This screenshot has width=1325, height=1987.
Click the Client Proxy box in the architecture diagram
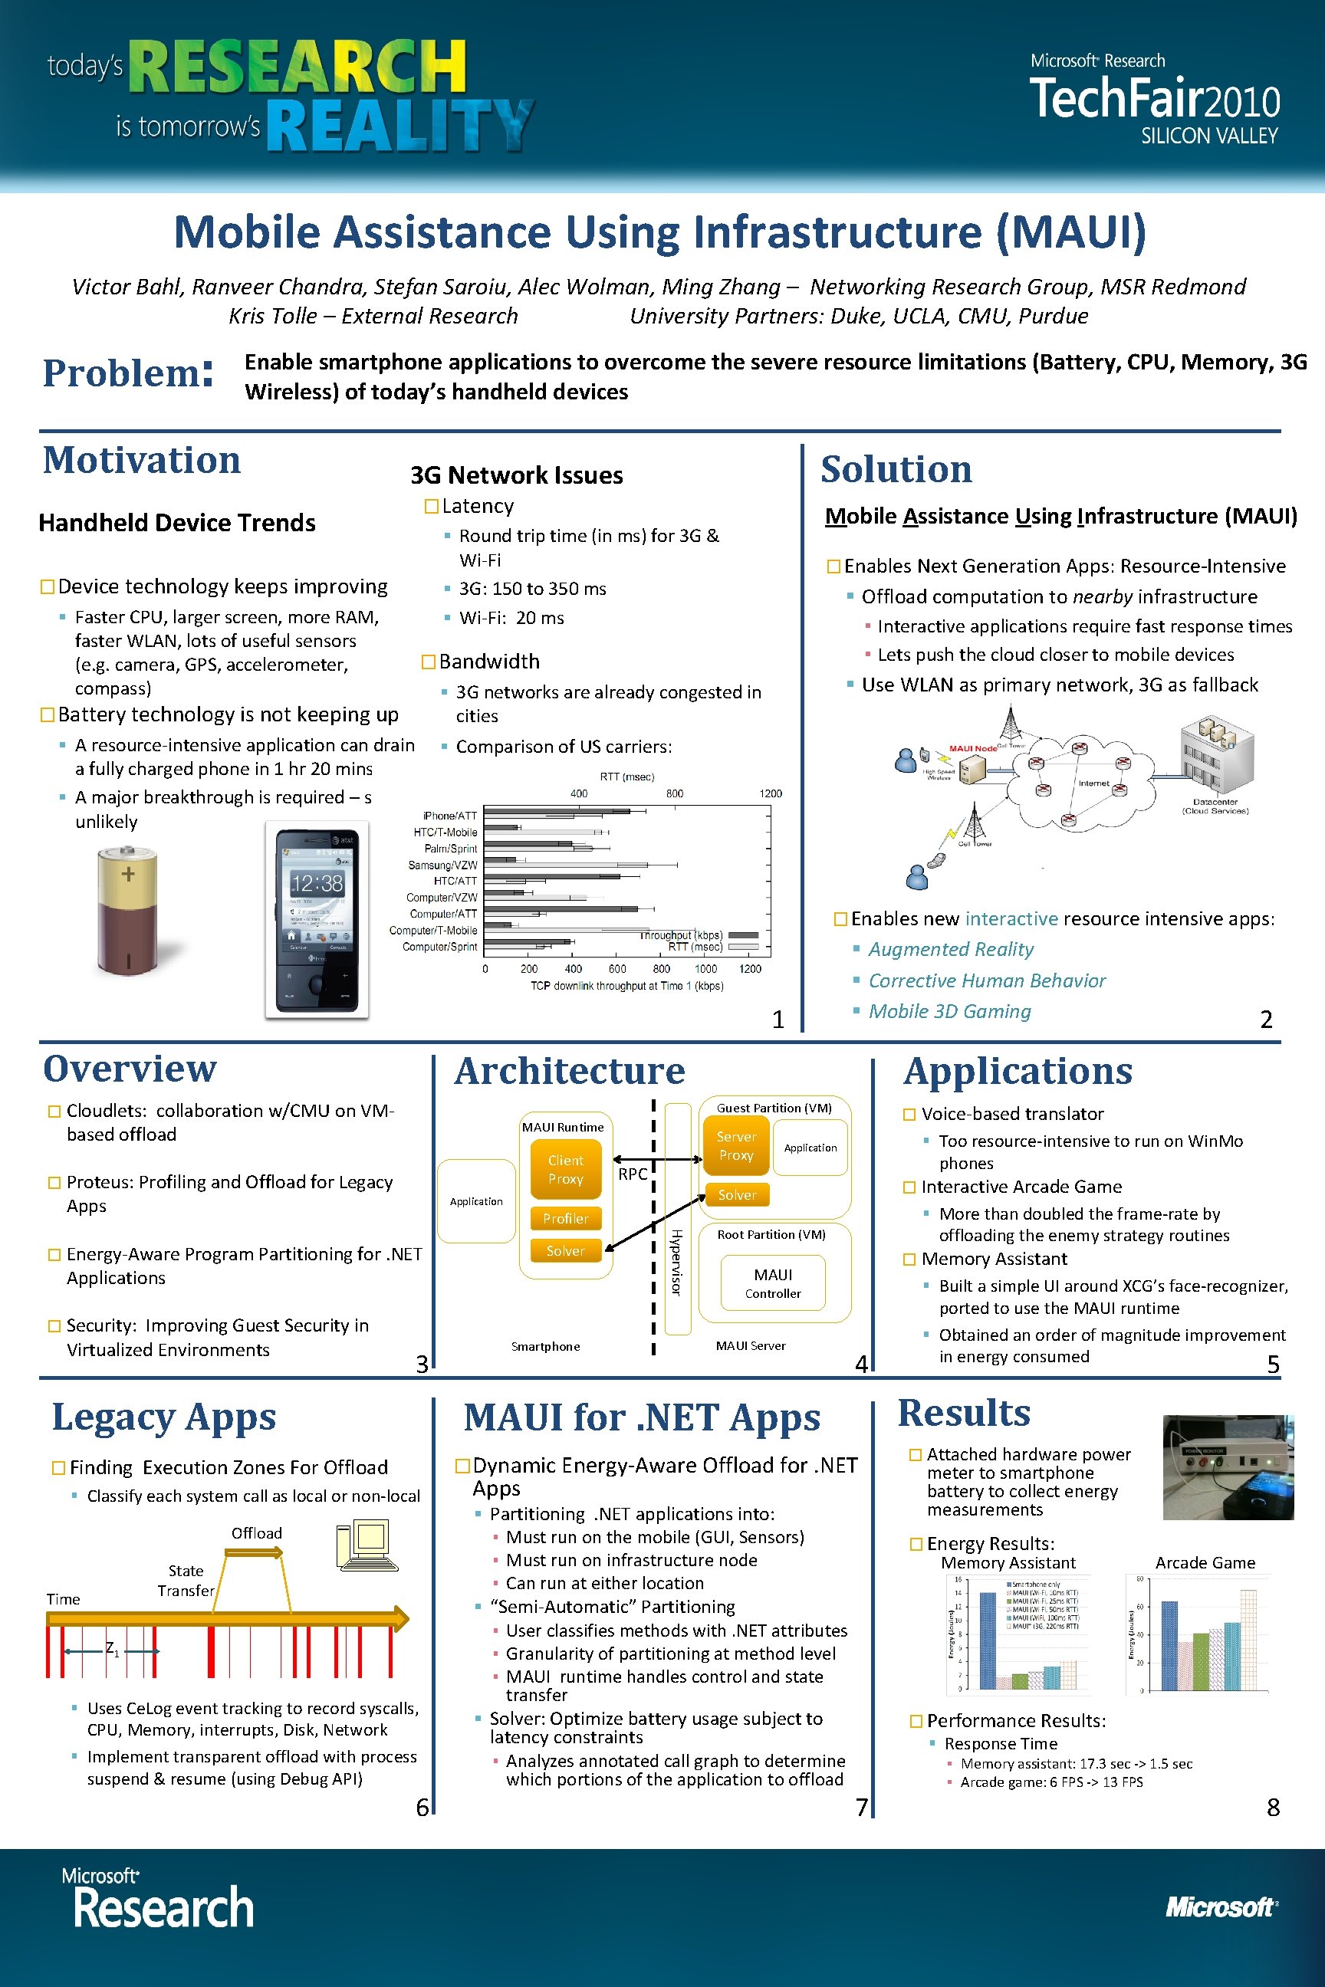[565, 1169]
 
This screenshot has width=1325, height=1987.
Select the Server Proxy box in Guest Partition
[736, 1145]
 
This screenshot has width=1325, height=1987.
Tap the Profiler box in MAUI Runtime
[565, 1218]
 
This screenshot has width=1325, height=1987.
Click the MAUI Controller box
[772, 1283]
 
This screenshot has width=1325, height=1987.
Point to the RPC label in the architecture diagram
[632, 1174]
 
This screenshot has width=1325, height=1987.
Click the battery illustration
[127, 911]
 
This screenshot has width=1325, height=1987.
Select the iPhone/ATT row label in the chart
[449, 816]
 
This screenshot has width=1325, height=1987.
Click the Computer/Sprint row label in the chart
[439, 947]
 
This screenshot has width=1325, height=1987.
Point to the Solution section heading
[896, 469]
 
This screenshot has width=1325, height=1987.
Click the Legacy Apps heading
[164, 1417]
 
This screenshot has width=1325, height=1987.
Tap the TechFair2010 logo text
[1154, 99]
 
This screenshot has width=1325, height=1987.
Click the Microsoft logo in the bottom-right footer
[1220, 1907]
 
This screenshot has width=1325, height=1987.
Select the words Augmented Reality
[951, 950]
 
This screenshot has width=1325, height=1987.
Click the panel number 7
[861, 1807]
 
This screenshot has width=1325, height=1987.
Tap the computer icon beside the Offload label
[367, 1546]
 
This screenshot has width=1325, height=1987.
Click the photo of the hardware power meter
[1227, 1467]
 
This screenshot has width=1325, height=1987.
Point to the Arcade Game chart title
[1205, 1563]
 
